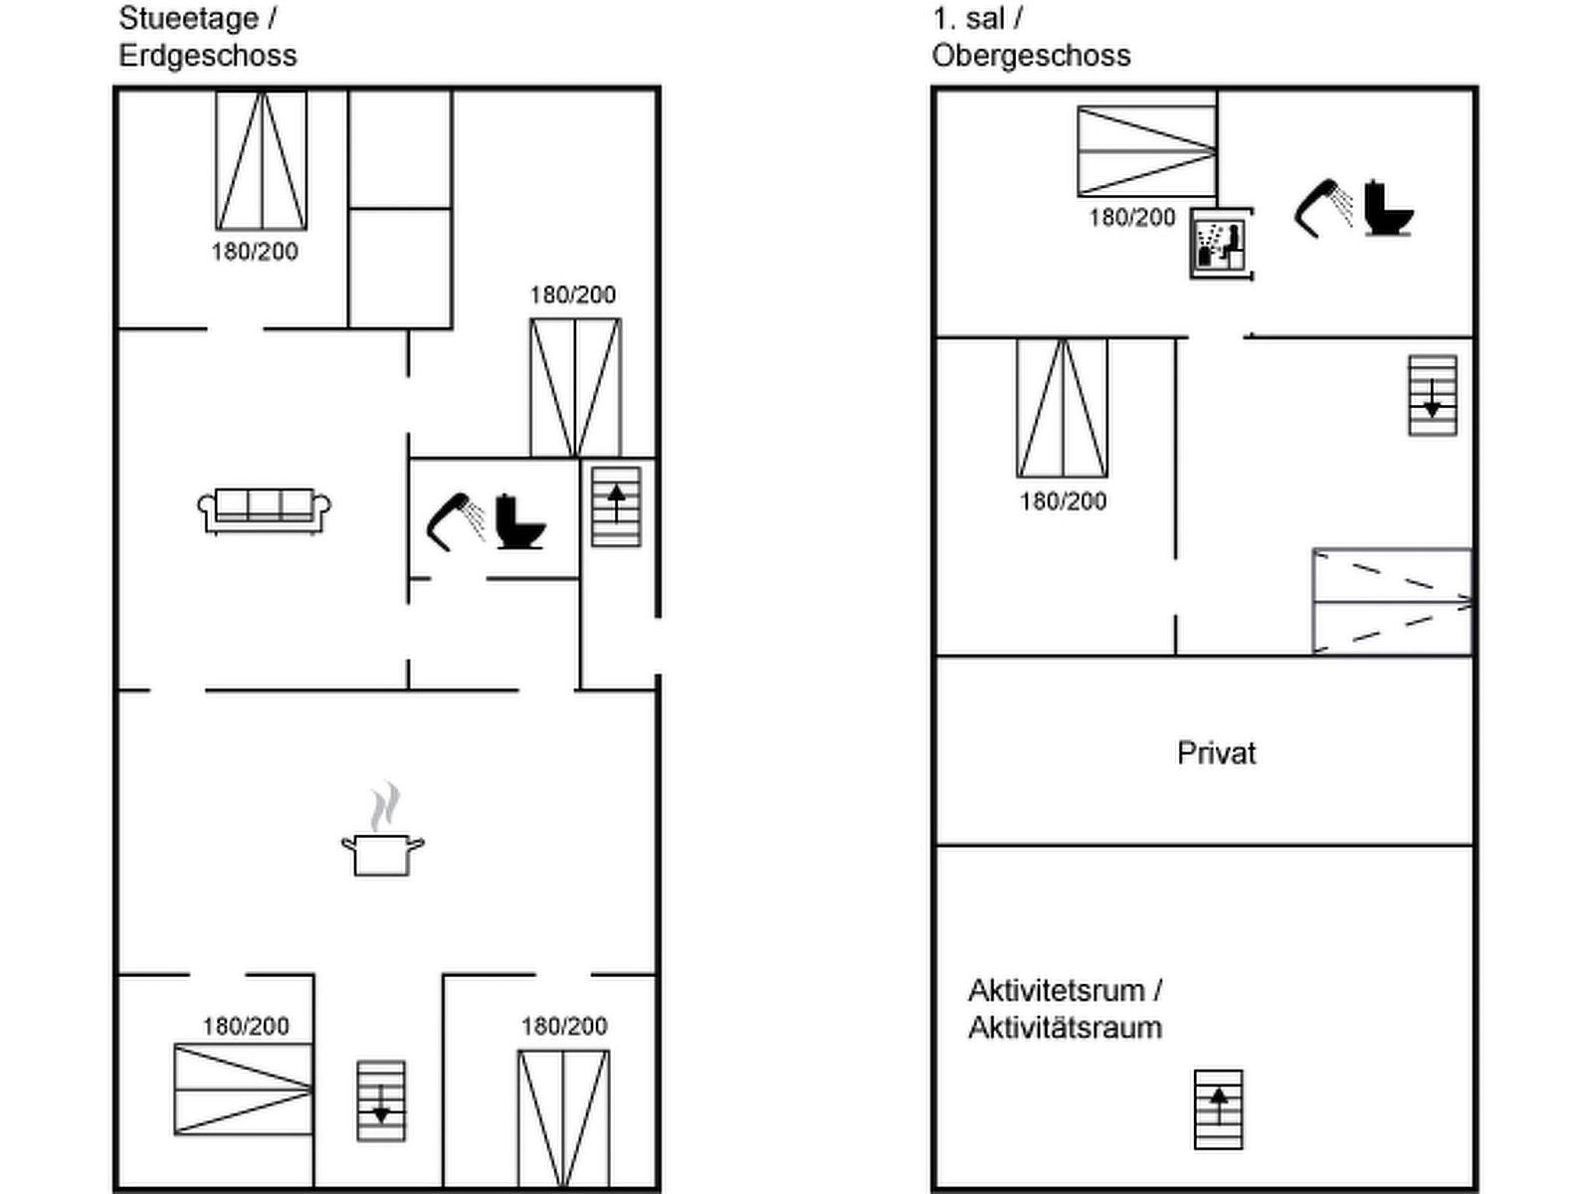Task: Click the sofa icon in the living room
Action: point(264,511)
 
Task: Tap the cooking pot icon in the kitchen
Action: point(383,855)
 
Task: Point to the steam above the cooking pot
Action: point(385,805)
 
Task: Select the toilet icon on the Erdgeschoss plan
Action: point(520,521)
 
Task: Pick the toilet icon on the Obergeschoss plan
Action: point(1388,208)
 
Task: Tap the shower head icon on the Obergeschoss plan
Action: point(1323,208)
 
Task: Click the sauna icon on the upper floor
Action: point(1222,244)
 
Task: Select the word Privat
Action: point(1216,753)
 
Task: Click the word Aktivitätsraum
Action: point(1065,1028)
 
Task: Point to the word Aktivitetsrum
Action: point(1059,990)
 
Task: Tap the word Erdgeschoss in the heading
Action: point(207,56)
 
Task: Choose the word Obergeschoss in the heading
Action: point(1032,56)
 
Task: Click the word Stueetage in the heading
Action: point(189,18)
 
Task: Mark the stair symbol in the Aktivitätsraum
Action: point(1219,1109)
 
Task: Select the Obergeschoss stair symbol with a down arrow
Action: point(1433,396)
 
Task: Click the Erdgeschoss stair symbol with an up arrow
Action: point(617,506)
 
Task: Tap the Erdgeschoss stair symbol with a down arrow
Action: point(381,1101)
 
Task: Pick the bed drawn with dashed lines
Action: point(1393,602)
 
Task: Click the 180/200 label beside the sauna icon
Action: point(1132,218)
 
